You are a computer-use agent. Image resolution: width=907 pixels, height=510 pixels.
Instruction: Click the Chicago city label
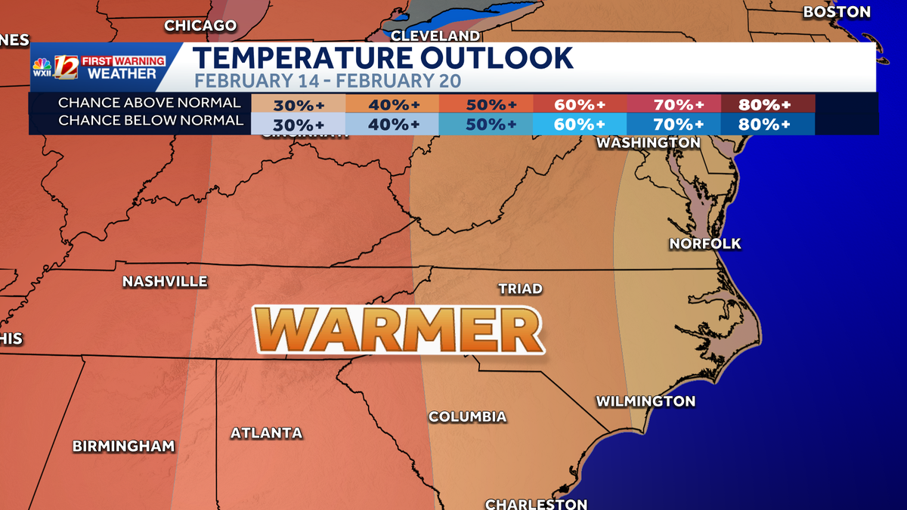(200, 26)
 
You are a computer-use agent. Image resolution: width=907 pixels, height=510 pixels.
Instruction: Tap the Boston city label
(836, 12)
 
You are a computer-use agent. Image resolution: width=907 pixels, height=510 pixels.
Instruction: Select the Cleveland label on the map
(435, 36)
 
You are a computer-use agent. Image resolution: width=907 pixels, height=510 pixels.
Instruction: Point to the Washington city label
(648, 142)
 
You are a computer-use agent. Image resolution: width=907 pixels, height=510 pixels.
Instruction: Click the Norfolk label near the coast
(705, 243)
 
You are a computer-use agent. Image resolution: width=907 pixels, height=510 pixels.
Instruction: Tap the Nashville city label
(165, 281)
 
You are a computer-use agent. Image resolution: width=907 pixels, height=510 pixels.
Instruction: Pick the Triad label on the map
(520, 289)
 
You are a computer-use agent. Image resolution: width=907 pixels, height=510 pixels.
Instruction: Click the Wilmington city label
(645, 401)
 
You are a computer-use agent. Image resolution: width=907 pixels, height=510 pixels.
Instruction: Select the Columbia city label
(467, 416)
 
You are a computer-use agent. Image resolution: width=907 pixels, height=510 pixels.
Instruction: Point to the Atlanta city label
(266, 433)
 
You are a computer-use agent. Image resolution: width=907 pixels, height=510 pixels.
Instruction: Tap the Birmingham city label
(123, 446)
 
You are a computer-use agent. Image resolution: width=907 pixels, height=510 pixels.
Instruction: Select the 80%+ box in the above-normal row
(766, 104)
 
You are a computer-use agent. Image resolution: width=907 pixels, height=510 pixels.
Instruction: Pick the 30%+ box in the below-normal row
(298, 124)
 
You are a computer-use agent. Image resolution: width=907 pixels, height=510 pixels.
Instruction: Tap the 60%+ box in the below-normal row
(579, 124)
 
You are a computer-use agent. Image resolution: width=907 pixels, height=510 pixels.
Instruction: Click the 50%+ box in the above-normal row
(486, 104)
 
